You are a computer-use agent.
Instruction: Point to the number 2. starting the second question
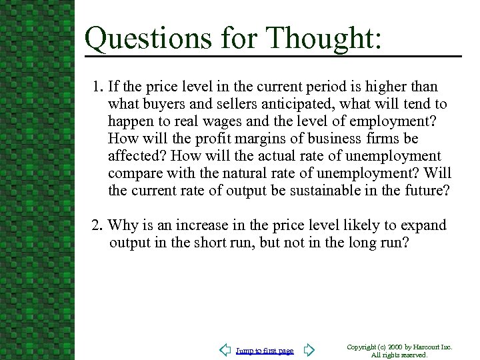[x=98, y=225]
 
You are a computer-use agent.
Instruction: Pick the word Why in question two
[x=122, y=225]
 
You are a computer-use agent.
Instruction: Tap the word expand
[x=423, y=225]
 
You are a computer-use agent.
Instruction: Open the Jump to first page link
[x=265, y=351]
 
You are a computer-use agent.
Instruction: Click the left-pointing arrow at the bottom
[x=225, y=350]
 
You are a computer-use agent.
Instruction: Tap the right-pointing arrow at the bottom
[x=309, y=350]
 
